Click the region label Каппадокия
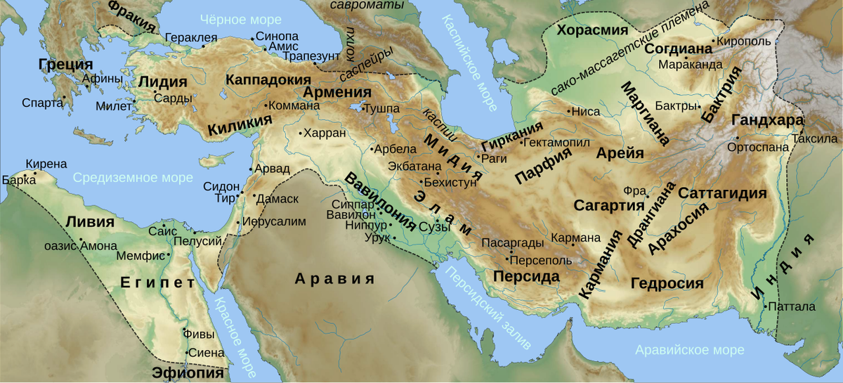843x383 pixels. point(268,79)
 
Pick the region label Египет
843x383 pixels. point(157,283)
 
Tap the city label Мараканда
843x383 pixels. point(690,65)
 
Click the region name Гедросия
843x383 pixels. point(667,283)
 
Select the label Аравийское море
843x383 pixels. point(688,350)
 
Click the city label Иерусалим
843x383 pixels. point(275,221)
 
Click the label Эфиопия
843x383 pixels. point(184,372)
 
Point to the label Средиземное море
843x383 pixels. point(133,178)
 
